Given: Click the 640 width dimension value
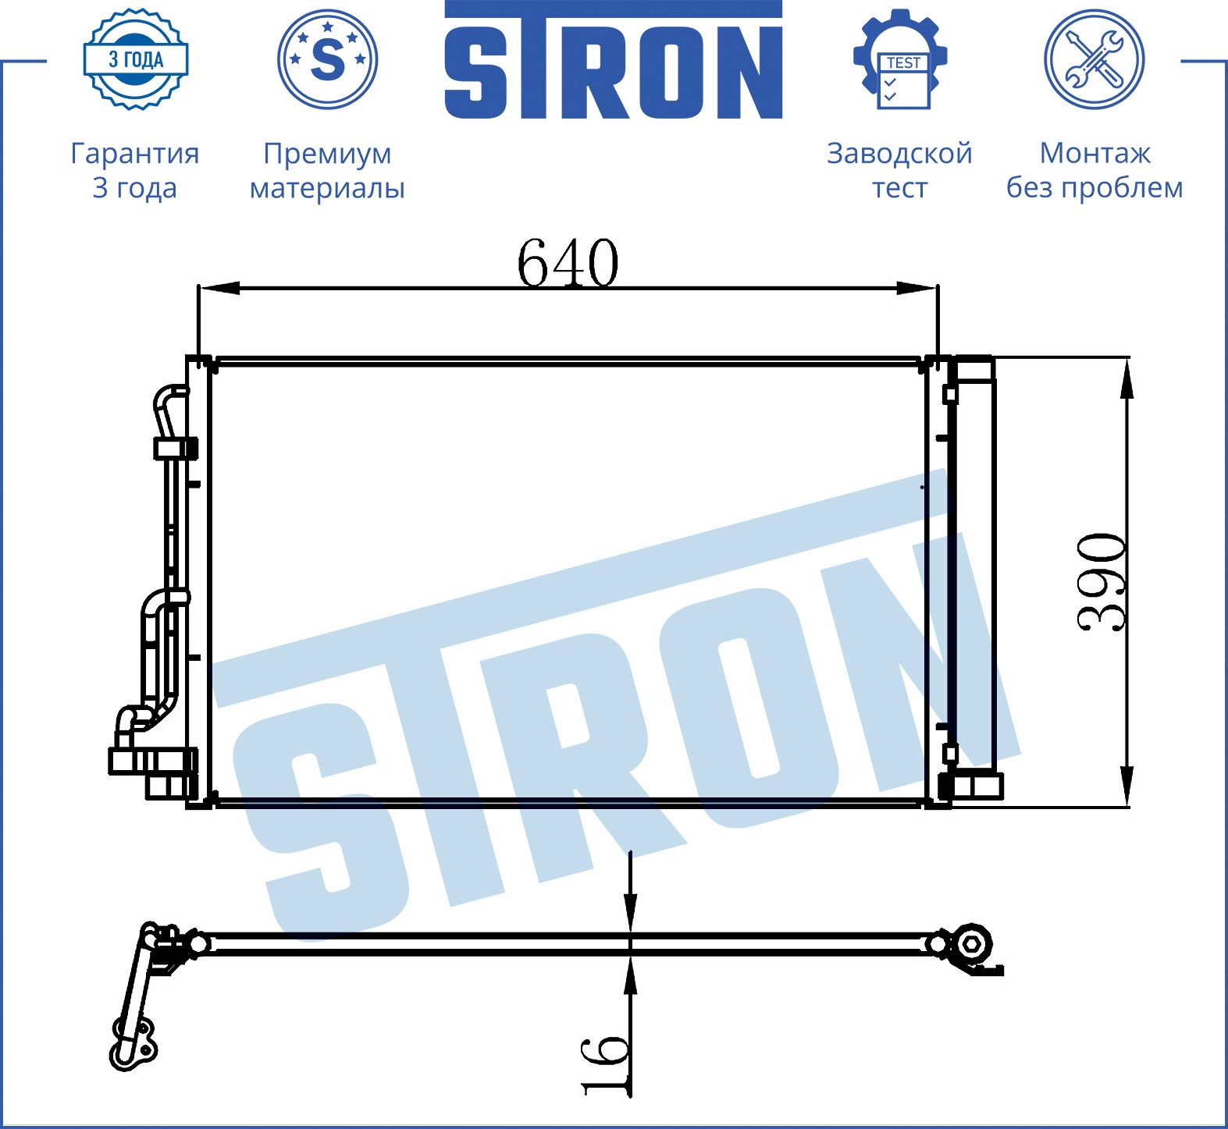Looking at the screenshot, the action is pos(568,263).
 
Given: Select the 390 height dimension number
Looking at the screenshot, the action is pos(1102,582).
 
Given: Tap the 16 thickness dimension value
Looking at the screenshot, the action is pos(605,1064).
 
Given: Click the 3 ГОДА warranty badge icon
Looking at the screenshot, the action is pos(136,59).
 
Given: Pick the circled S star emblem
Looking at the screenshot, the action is pos(328,59).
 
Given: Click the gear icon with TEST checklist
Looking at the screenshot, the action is pos(901,59).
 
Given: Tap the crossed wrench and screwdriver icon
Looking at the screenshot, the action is pos(1095,59).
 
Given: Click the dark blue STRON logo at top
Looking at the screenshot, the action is pos(614,60).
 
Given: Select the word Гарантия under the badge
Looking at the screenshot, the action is pos(135,154).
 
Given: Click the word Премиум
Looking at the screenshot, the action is pos(327,154).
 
